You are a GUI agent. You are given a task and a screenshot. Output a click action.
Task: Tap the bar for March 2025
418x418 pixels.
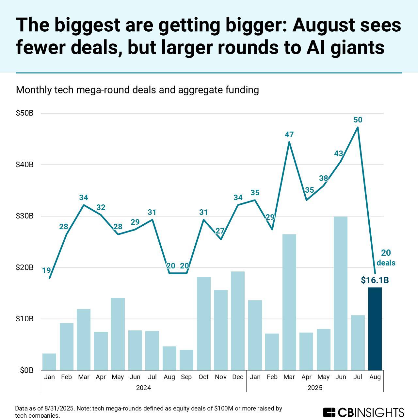pos(289,302)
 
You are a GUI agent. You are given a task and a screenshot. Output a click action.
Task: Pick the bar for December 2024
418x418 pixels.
pos(238,321)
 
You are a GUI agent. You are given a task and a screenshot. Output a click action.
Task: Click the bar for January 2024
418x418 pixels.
pos(49,362)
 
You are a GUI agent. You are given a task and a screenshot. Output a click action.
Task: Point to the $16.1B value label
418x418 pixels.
pos(375,280)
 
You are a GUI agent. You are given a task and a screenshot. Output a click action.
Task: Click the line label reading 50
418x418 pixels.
pos(358,120)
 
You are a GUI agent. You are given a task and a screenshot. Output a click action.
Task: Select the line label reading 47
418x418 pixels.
pos(289,135)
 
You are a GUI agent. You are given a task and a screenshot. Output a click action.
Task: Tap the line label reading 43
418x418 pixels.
pos(339,153)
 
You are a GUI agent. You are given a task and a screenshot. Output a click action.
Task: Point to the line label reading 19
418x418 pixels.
pos(46,270)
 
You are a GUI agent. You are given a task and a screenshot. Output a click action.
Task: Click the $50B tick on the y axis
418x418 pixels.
pos(25,113)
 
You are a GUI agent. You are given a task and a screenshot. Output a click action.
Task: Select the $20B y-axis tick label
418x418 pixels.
pos(25,268)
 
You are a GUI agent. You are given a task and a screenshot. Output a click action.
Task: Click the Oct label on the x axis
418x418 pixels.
pos(203,377)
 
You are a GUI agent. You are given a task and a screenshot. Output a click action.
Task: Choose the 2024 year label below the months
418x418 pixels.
pos(143,388)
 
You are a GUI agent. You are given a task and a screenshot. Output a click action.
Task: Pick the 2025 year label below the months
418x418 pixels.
pos(315,388)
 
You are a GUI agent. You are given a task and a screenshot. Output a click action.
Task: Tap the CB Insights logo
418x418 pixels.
pos(363,412)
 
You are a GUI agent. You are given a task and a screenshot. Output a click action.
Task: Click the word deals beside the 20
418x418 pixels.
pos(386,263)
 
